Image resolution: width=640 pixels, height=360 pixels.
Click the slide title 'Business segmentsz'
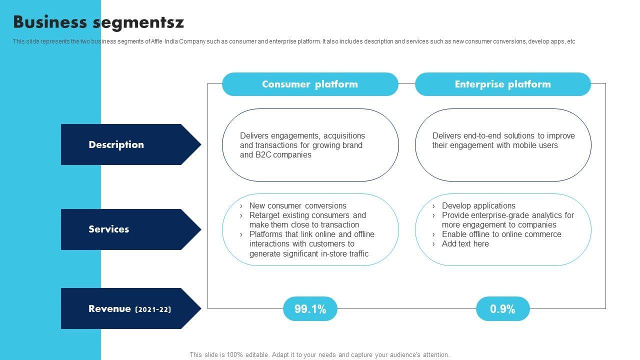(x=98, y=22)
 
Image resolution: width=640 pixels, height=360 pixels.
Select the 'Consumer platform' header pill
(x=310, y=84)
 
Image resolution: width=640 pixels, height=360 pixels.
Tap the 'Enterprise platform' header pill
(x=502, y=84)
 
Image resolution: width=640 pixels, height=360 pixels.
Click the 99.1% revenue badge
(x=310, y=309)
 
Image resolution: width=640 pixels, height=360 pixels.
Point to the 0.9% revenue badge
(x=502, y=309)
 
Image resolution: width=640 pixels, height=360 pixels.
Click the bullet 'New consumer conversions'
(x=297, y=205)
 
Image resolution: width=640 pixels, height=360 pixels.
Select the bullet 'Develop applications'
(x=478, y=205)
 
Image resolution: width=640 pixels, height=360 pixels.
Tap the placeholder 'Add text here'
(x=465, y=243)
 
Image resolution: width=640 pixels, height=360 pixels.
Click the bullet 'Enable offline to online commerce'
(x=501, y=234)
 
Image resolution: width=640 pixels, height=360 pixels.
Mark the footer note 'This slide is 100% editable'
(x=229, y=354)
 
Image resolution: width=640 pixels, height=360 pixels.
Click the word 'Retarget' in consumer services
(x=265, y=215)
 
